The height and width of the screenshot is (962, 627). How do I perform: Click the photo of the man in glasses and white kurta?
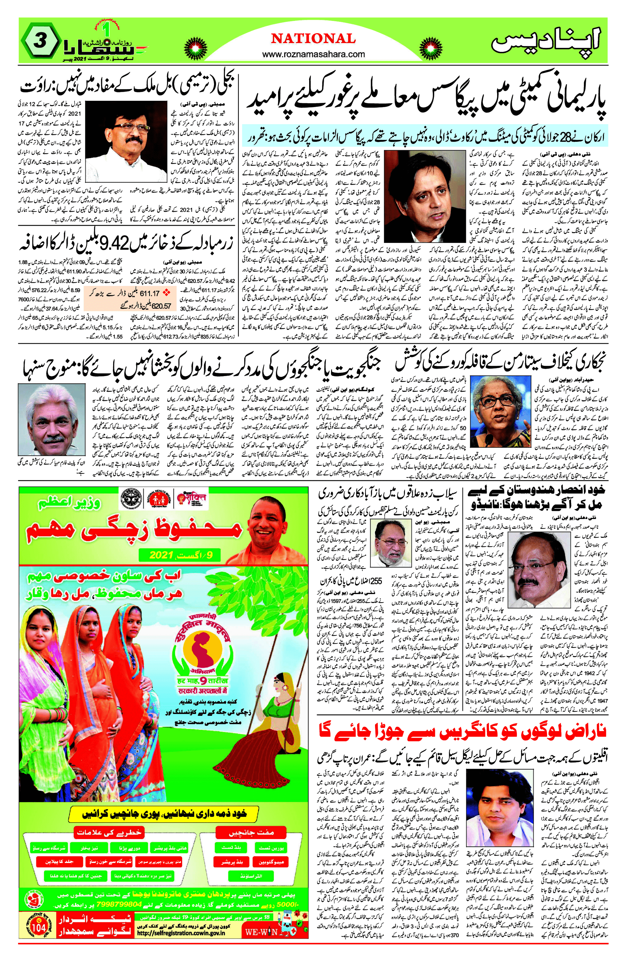pyautogui.click(x=127, y=136)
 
